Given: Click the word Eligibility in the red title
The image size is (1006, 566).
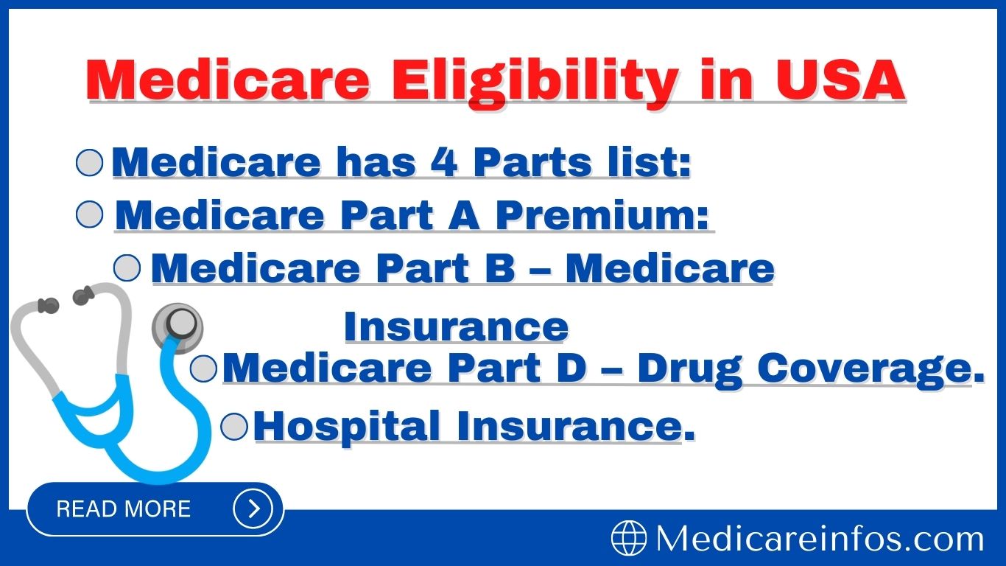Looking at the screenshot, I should coord(535,81).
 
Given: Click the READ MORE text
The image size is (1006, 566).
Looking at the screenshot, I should coord(123,509).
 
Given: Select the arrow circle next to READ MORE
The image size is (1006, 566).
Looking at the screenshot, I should coord(253,509).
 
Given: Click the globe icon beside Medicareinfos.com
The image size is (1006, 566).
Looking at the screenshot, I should coord(628,538).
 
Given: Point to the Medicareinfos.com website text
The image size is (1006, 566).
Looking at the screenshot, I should coord(820,539).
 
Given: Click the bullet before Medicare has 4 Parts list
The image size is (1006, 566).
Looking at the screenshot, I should coord(90,163).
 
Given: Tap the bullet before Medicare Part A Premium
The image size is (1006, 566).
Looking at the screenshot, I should coord(90,215).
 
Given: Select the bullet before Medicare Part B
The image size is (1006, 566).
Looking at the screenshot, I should coord(127,268).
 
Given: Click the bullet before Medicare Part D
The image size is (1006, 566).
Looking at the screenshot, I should coord(203,368).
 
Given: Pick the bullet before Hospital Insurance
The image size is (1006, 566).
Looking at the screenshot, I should coord(234,426).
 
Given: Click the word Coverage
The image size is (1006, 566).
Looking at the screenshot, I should coord(870,368).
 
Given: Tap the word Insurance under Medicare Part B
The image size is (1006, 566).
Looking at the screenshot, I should coord(456,326).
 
